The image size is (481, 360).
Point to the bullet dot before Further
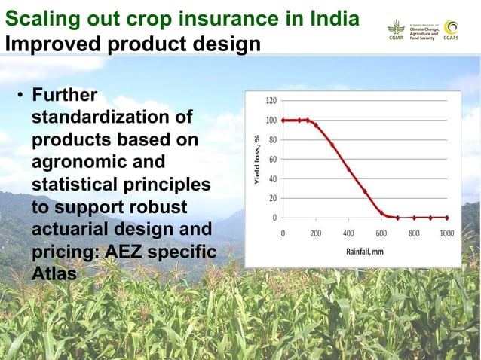22,96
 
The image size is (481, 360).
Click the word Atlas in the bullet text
54,274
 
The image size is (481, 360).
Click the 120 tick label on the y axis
271,100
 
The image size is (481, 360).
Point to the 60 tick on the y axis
273,159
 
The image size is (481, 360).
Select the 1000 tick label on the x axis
446,233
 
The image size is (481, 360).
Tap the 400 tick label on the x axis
348,233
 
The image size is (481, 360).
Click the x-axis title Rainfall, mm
364,251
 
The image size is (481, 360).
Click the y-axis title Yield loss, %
257,159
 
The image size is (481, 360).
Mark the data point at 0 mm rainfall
283,120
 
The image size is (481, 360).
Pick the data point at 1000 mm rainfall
446,217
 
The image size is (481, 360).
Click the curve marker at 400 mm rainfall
348,169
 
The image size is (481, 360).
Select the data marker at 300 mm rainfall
332,145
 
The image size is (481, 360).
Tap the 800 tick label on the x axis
414,233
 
